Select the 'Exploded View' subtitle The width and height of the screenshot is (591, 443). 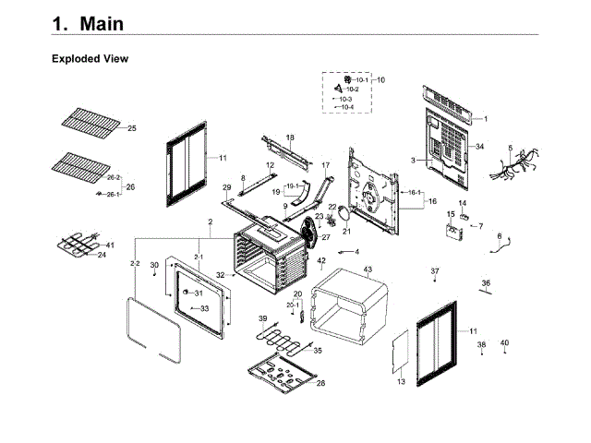[90, 59]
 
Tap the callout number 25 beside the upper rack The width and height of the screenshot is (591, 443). [131, 128]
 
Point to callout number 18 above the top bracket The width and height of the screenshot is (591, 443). [289, 138]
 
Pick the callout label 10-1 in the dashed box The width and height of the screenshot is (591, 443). [361, 80]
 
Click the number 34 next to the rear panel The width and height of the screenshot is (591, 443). [479, 147]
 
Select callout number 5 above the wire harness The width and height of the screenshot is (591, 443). [509, 148]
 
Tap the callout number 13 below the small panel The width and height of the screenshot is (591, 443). [401, 381]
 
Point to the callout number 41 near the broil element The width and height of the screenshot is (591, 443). [110, 245]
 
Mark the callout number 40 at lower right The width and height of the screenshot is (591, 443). [504, 344]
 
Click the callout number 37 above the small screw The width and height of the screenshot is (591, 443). [435, 270]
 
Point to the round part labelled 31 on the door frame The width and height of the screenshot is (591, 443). [185, 293]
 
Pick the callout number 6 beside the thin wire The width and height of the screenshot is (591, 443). [500, 236]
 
